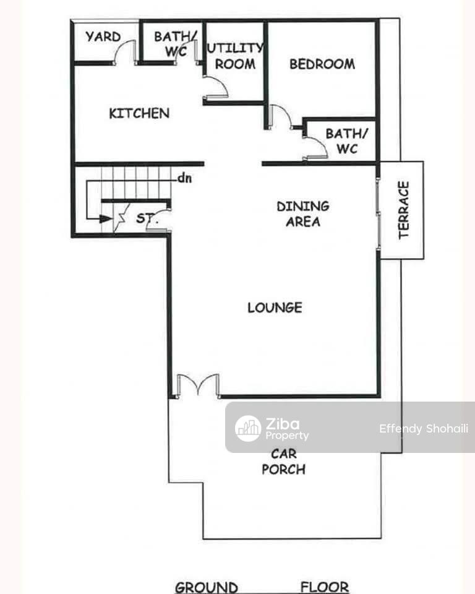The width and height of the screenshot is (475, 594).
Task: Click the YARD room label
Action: coord(103,37)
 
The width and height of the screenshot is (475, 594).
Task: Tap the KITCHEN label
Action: coord(139,113)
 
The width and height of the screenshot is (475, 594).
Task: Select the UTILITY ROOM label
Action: coord(235,56)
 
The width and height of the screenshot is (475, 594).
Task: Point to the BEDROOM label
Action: coord(322,64)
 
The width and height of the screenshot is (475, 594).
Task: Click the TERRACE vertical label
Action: coord(404,210)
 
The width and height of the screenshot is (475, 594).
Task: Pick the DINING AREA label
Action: coord(303,213)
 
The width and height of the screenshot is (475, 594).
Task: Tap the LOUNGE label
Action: coord(275,308)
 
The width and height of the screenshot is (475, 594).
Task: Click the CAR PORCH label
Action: coord(283,462)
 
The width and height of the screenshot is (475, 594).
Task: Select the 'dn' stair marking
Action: coord(184,178)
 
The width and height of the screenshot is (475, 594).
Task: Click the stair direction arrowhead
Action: coord(106,218)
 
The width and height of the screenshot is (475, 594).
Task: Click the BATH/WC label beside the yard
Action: coord(174,43)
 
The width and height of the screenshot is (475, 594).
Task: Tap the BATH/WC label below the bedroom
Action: coord(346,141)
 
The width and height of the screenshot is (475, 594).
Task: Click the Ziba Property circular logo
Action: coord(248,428)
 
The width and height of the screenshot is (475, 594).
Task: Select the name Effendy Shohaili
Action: coord(424,428)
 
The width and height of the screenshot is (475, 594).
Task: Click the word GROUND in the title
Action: coord(207,587)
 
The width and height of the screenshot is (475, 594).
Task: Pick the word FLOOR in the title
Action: coord(325,587)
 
